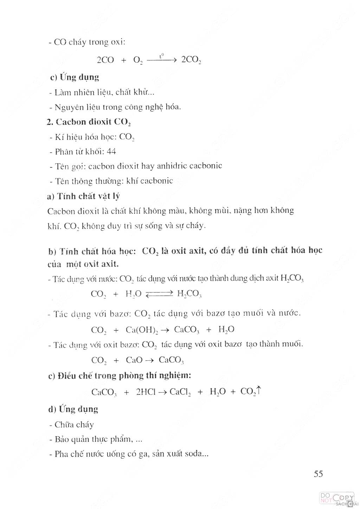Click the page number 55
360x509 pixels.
click(318, 473)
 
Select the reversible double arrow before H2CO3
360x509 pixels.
click(159, 294)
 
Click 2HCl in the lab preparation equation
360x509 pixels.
click(146, 392)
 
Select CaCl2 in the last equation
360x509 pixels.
click(180, 392)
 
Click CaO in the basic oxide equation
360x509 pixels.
click(134, 360)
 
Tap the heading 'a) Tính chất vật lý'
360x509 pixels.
click(83, 196)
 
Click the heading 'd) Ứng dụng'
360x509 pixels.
click(73, 409)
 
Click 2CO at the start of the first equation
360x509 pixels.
click(105, 60)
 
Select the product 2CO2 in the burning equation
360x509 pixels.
click(191, 60)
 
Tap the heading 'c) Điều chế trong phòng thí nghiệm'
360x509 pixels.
click(120, 375)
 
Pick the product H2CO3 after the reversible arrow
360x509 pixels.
click(189, 294)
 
